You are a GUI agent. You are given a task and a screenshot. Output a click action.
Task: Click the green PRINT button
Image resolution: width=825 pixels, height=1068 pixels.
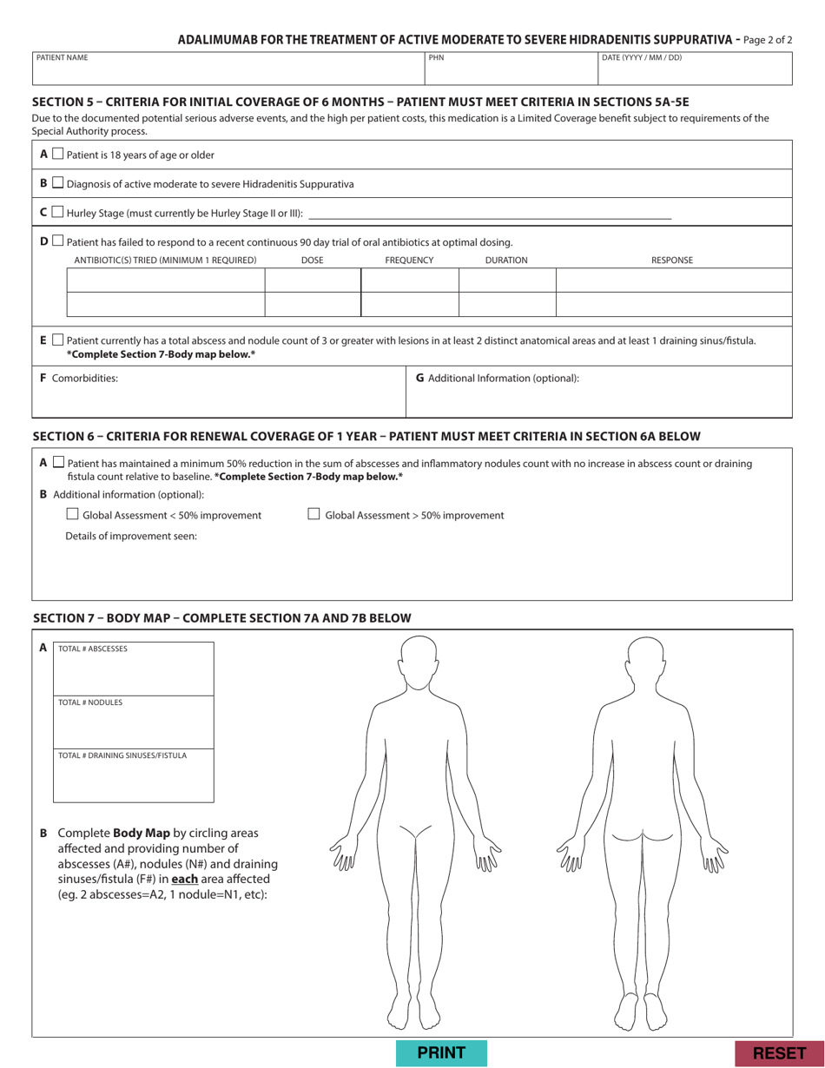[441, 1053]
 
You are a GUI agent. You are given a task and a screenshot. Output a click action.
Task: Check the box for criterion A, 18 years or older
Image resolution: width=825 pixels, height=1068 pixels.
[57, 155]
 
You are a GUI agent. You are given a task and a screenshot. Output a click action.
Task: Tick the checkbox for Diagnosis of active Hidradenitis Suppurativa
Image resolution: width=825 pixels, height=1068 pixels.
[57, 183]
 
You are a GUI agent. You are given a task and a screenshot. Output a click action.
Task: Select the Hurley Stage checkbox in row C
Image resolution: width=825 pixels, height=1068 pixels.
[57, 212]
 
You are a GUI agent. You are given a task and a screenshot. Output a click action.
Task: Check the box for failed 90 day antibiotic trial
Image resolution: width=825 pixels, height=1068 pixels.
[57, 241]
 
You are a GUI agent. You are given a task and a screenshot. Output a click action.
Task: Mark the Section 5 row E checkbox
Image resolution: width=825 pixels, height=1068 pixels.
[57, 340]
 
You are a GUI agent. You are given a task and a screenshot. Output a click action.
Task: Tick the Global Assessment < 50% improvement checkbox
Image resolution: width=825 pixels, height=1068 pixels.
[73, 515]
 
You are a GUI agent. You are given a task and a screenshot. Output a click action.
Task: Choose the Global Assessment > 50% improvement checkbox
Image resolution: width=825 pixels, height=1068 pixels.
[315, 515]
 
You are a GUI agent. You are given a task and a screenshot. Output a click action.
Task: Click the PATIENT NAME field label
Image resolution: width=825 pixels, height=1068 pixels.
[62, 58]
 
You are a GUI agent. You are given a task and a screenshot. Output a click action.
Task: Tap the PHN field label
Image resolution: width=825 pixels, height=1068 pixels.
[436, 58]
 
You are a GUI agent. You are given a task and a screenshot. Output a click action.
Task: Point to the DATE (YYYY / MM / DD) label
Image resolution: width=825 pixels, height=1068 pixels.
[642, 58]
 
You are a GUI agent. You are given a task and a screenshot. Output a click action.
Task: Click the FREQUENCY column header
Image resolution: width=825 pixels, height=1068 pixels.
[409, 260]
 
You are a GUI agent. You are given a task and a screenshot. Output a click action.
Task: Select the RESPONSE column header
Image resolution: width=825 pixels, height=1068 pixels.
[672, 260]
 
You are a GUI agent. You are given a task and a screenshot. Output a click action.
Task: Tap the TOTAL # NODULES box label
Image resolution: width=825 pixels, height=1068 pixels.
[90, 702]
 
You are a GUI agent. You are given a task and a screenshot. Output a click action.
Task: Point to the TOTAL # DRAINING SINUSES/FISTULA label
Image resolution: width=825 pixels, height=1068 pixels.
[122, 755]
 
